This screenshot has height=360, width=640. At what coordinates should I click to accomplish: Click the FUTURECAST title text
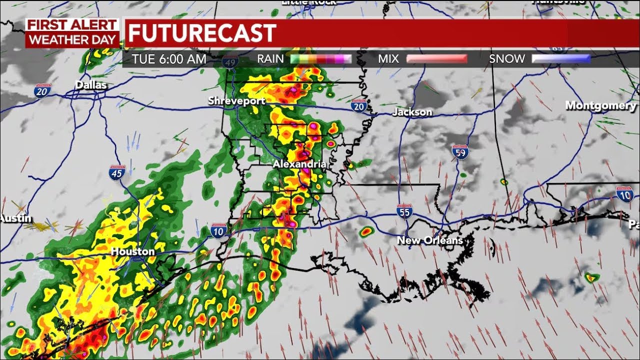point(201,33)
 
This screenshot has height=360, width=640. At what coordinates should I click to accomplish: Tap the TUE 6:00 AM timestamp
point(169,59)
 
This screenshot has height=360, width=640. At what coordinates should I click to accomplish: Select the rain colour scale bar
point(321,59)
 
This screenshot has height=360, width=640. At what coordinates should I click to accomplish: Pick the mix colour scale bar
point(437,59)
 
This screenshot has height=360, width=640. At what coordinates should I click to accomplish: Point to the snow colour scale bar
point(560,59)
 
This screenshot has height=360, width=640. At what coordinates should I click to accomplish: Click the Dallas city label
point(91,85)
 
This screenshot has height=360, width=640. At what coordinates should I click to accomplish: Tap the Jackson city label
point(412,112)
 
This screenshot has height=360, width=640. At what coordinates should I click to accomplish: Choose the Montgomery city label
point(600,105)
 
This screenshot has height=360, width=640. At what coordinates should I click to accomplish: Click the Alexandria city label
point(299,164)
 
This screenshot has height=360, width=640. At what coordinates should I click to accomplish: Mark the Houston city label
point(132,251)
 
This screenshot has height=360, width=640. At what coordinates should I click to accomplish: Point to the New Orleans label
point(429,240)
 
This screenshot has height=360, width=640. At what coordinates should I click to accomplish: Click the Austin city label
point(16,218)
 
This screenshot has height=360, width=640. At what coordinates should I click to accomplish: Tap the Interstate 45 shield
point(115,173)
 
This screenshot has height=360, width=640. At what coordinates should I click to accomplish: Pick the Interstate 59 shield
point(460,152)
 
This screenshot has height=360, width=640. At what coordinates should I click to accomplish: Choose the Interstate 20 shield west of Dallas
point(42,90)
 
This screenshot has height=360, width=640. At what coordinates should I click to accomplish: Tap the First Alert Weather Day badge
point(72,33)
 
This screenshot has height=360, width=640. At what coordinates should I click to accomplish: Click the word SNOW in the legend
point(506,59)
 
